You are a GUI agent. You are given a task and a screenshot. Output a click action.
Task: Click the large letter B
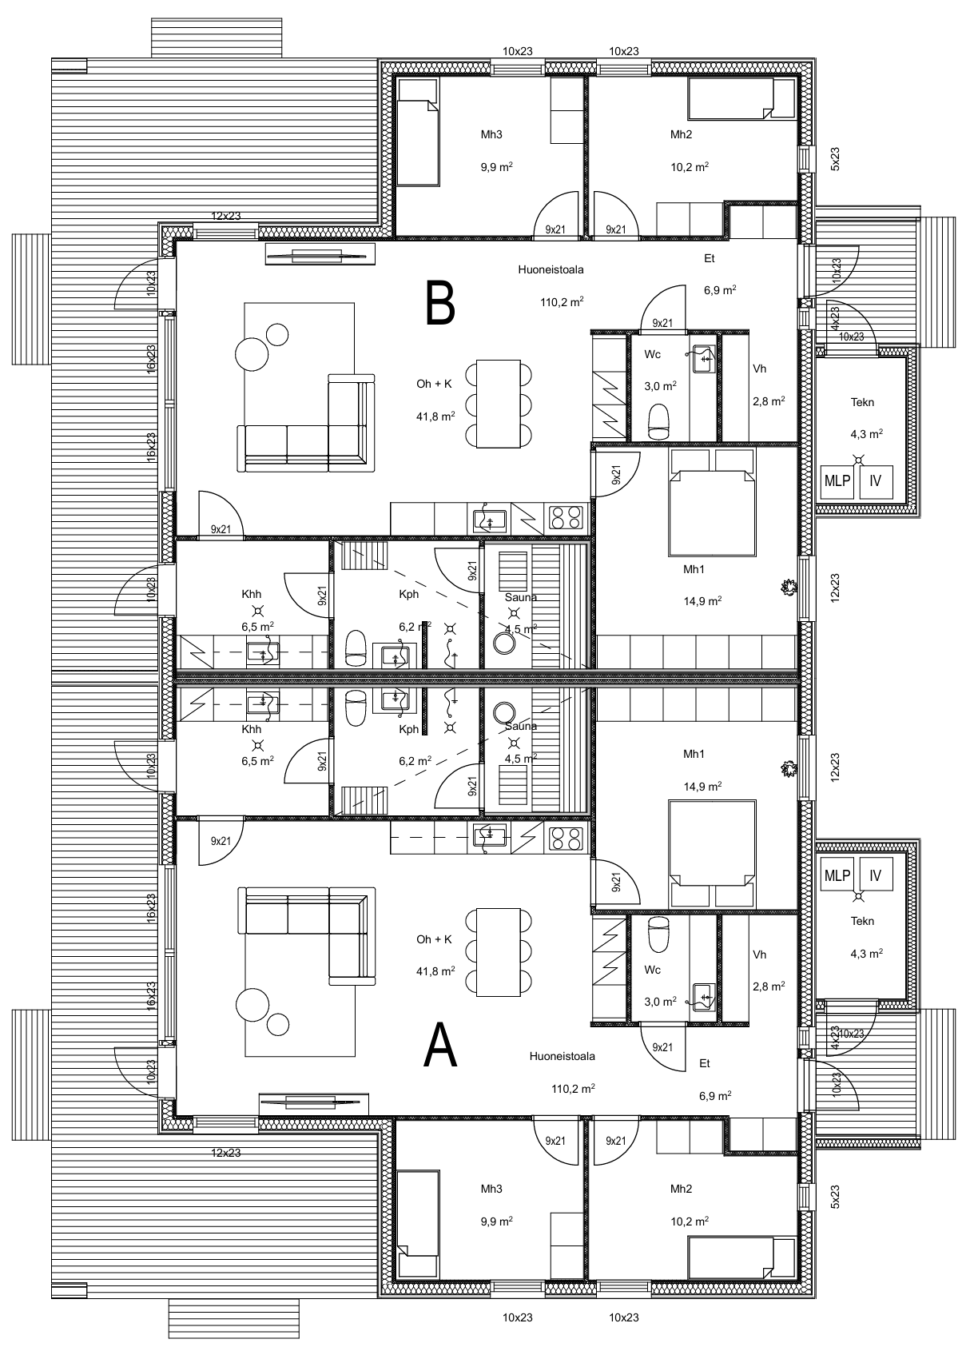pos(440,303)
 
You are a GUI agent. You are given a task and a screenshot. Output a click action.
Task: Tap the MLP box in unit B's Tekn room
pos(837,480)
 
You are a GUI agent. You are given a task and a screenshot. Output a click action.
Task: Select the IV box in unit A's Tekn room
pos(876,875)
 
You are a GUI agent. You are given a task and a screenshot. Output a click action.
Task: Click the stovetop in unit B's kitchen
pos(566,518)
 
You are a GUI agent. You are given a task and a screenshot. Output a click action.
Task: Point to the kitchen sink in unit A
pos(490,837)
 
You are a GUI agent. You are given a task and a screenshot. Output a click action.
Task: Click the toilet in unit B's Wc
pos(658,421)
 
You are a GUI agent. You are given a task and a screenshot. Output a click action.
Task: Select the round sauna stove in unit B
pos(504,643)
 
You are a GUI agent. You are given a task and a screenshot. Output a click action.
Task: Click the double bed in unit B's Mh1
pos(712,503)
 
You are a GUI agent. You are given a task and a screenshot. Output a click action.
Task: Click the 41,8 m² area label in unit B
pos(435,416)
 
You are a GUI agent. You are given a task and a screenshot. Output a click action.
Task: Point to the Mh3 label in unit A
pos(491,1189)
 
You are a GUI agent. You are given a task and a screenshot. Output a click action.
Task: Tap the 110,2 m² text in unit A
pos(573,1089)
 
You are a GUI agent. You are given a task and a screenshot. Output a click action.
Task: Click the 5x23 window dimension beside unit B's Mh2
pos(835,159)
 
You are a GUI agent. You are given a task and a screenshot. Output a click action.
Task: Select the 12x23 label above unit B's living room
pos(226,215)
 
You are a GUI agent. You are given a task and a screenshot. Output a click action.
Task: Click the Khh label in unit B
pos(251,594)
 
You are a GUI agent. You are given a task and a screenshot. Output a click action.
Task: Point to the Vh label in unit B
pos(759,369)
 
